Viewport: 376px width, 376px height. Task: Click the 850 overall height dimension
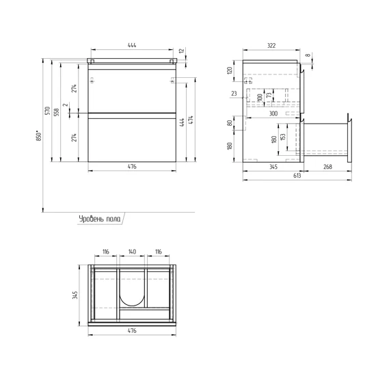tap(39, 136)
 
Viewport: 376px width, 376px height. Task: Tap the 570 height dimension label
tap(48, 111)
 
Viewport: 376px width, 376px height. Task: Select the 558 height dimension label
tap(57, 112)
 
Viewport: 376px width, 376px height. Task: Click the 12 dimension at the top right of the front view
tap(182, 51)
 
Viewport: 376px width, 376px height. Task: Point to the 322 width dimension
tap(271, 46)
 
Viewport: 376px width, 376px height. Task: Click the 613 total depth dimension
tap(297, 176)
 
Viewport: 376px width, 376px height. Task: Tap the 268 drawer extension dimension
tap(327, 167)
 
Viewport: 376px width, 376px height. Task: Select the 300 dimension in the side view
tap(273, 113)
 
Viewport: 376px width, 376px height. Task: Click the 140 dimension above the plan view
tap(132, 252)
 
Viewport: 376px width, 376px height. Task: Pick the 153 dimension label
tap(283, 137)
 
